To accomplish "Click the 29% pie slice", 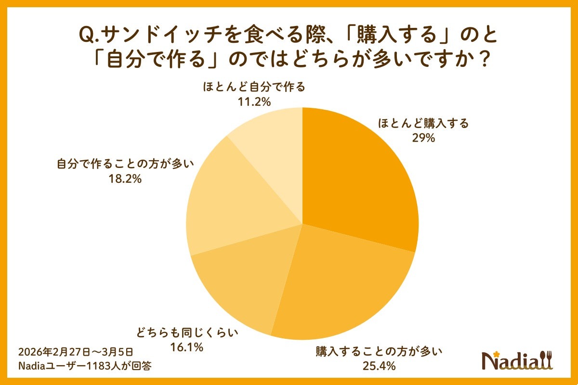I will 356,183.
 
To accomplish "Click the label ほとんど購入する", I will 423,124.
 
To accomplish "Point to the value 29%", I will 423,139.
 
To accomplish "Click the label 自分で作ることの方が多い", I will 125,164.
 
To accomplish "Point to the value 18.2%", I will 125,179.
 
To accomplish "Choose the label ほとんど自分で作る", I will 254,87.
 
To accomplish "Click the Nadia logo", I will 518,360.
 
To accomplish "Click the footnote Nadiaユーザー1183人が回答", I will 85,366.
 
